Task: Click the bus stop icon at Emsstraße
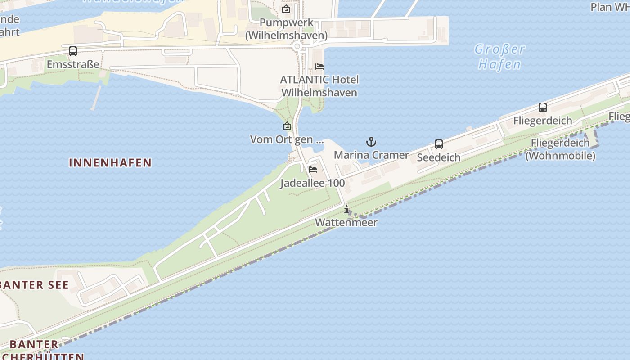(73, 51)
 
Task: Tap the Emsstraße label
(73, 64)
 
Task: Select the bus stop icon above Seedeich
(439, 144)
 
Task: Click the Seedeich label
(439, 157)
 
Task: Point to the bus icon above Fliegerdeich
(543, 108)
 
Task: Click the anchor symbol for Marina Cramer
(371, 142)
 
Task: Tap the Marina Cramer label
(371, 155)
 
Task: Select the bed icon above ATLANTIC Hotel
(319, 67)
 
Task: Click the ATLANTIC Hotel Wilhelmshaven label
(319, 86)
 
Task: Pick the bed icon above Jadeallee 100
(313, 170)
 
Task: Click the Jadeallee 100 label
(313, 183)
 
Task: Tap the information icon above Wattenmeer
(346, 209)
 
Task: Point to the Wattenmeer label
(346, 222)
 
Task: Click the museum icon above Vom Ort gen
(287, 126)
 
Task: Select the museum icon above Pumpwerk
(286, 9)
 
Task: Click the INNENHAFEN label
(110, 162)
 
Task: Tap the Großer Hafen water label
(499, 57)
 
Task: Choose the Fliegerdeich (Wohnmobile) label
(560, 149)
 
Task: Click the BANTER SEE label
(34, 285)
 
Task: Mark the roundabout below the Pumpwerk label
(297, 46)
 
